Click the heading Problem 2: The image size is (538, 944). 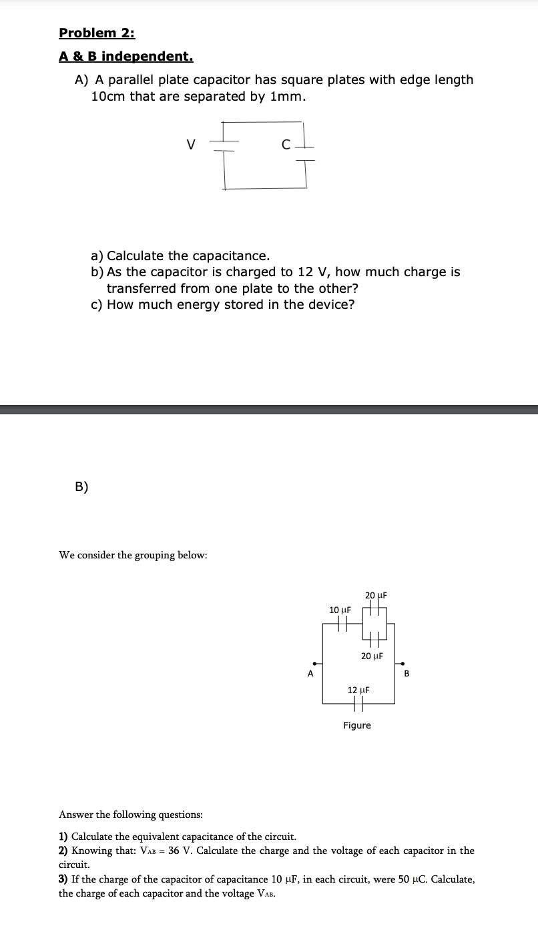[x=97, y=33]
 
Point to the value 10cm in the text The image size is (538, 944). [x=108, y=96]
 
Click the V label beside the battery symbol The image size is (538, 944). [x=191, y=143]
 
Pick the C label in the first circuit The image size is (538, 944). [x=286, y=144]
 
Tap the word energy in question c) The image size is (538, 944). [x=198, y=305]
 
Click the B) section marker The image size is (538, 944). [x=81, y=486]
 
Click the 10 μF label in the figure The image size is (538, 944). [x=340, y=610]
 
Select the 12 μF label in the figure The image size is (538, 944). [x=358, y=690]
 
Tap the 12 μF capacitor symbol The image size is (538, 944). [x=358, y=703]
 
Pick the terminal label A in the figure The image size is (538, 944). [x=310, y=674]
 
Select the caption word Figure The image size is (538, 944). [x=357, y=725]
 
